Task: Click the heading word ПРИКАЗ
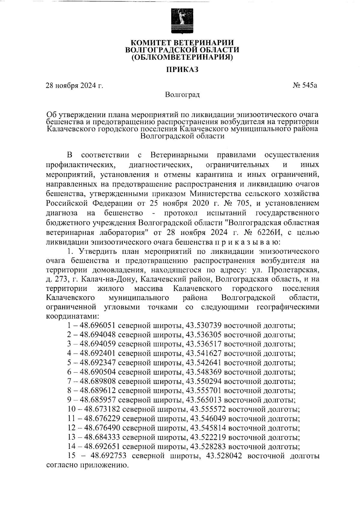(x=182, y=70)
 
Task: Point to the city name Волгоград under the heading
(x=182, y=95)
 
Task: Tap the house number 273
(x=60, y=279)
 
